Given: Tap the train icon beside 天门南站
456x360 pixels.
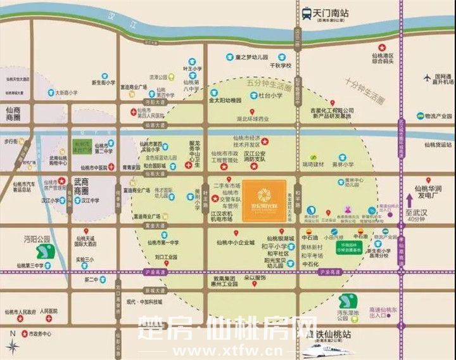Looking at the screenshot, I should pos(307,12).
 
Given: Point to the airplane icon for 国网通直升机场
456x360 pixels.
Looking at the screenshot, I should pos(427,78).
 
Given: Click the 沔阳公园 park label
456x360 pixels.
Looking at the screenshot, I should pos(36,240).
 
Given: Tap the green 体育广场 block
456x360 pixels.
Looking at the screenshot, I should pos(82,146).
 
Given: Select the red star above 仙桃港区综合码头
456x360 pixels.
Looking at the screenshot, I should pos(382,47).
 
